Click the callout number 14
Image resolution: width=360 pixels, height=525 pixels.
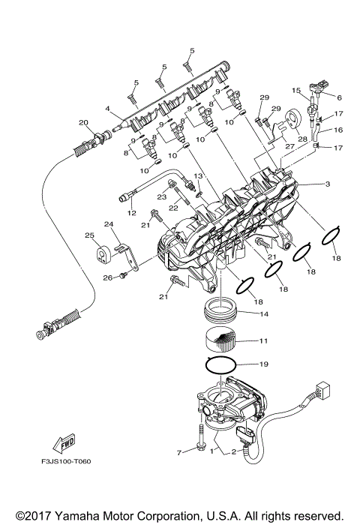click(x=262, y=313)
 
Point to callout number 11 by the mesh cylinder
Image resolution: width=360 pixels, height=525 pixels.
click(x=262, y=340)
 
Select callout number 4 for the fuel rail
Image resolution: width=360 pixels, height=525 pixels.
click(x=109, y=108)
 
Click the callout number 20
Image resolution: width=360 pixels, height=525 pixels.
click(x=83, y=122)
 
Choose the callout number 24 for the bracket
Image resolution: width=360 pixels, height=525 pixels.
click(x=109, y=223)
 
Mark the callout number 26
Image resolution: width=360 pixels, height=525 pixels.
click(x=107, y=277)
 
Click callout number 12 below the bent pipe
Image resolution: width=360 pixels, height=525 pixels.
click(x=132, y=213)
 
